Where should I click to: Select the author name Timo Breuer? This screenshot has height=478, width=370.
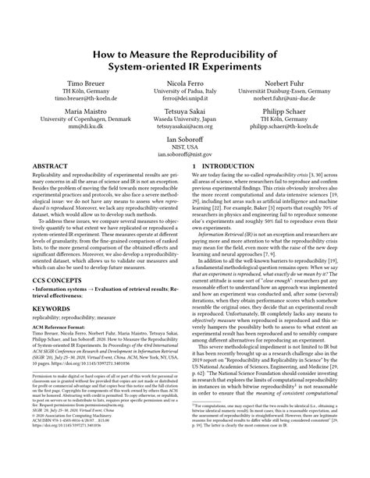click(x=76, y=83)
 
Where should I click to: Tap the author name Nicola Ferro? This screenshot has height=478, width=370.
click(x=185, y=83)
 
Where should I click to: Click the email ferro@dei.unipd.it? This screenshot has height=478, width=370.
click(x=185, y=100)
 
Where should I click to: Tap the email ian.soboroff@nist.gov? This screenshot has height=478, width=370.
click(x=185, y=155)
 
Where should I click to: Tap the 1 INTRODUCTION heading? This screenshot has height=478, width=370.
click(x=226, y=166)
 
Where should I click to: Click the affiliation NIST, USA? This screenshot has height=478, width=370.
click(x=185, y=147)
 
